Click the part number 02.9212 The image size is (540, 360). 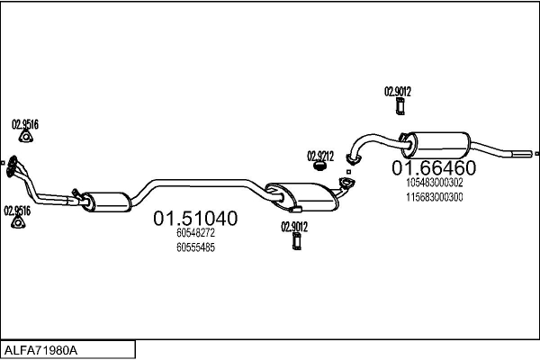tap(319, 155)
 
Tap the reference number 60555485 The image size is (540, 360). tap(195, 247)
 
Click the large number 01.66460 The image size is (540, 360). tap(433, 168)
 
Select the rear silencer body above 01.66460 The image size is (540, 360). tap(437, 143)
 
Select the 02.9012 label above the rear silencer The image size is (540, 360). tap(398, 91)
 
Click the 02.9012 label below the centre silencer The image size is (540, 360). tap(294, 225)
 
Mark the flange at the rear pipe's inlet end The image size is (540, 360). tap(353, 161)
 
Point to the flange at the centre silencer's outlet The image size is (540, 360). tap(345, 185)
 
